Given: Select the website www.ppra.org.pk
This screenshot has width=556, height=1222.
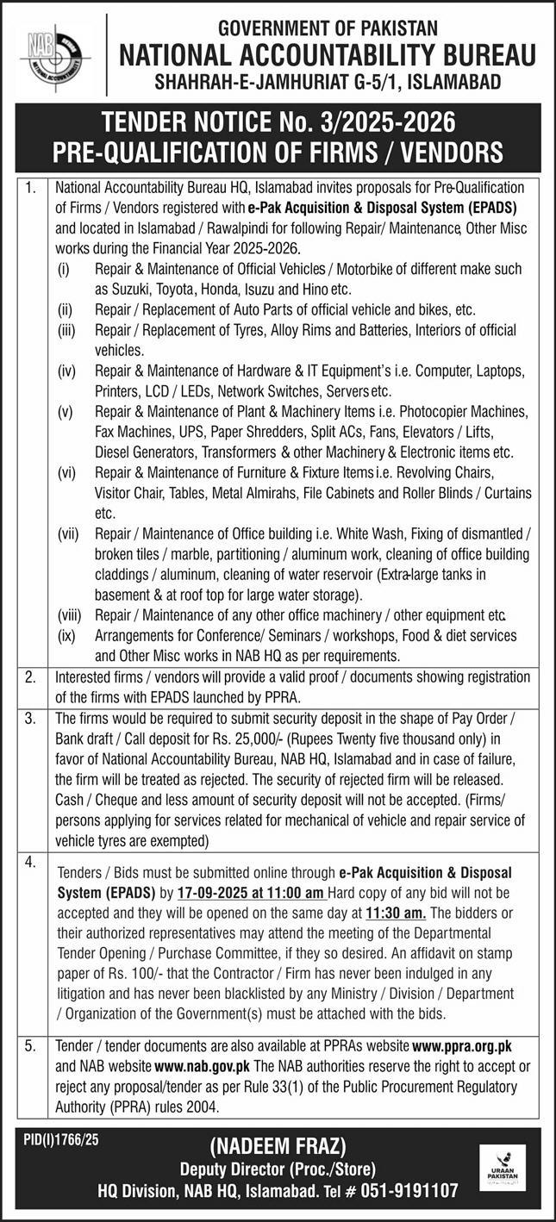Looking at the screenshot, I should tap(463, 1044).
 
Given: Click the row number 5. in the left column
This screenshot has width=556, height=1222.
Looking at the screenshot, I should tap(30, 1045).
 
